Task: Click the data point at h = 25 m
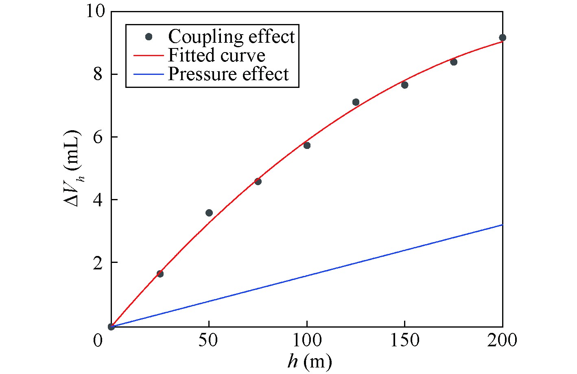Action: point(160,274)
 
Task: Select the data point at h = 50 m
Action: point(209,213)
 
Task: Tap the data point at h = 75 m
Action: point(258,182)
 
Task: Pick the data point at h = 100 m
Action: point(307,145)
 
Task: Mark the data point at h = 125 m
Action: point(356,102)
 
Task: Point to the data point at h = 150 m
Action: point(404,85)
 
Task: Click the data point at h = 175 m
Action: point(454,62)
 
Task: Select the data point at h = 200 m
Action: point(503,38)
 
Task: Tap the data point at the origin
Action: point(111,326)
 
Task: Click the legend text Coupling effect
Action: point(231,37)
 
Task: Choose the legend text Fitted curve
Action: point(216,55)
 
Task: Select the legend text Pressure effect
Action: point(228,74)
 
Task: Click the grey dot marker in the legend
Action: point(149,37)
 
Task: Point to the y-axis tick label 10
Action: point(95,11)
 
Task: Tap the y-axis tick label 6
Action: point(99,137)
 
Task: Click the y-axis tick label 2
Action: point(99,262)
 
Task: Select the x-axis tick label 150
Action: point(404,340)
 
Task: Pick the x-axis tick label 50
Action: point(209,340)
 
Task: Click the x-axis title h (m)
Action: point(309,361)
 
